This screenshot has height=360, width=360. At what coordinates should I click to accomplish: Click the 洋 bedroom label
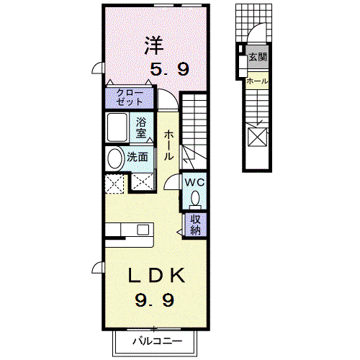pos(154,45)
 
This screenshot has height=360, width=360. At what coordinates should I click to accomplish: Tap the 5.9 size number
pos(170,69)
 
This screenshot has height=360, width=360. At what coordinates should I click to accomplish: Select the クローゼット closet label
pos(130,98)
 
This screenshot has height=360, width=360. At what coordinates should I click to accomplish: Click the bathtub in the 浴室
pos(117,127)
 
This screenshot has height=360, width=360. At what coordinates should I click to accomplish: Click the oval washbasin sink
pos(114,158)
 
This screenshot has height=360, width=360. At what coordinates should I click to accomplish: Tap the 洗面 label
pos(138,157)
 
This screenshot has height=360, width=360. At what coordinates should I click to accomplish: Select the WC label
pos(194,182)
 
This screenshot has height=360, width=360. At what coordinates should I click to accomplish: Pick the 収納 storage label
pos(195,225)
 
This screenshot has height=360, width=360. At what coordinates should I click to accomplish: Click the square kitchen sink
pos(143,230)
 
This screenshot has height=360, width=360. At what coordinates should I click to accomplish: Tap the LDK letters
pos(157,275)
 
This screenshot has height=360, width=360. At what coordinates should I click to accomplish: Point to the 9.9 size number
pos(155,300)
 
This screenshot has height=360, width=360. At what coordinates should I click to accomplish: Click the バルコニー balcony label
pos(158,341)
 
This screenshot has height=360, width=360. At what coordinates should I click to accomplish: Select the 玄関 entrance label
pos(258,57)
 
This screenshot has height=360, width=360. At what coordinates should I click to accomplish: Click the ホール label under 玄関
pos(257,81)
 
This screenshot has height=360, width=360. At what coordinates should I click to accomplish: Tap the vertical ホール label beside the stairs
pos(168,145)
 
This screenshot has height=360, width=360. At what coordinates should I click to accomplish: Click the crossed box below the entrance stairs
pos(257,137)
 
